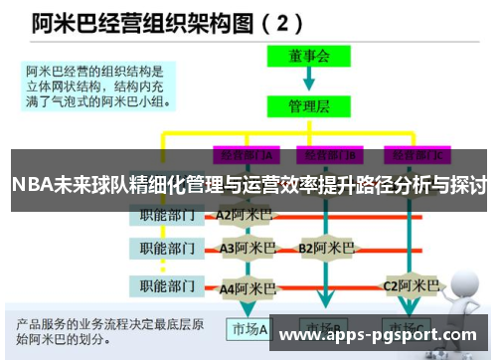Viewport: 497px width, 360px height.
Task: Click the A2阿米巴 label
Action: point(245,215)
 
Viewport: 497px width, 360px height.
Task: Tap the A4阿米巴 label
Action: point(248,287)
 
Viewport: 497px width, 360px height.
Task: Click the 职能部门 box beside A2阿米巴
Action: point(168,215)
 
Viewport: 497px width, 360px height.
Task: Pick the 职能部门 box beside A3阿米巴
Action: point(168,247)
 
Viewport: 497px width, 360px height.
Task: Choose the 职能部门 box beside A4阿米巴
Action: point(168,286)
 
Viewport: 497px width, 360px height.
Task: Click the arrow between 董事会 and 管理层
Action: point(308,79)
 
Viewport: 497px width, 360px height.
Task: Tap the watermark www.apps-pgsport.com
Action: point(379,335)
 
